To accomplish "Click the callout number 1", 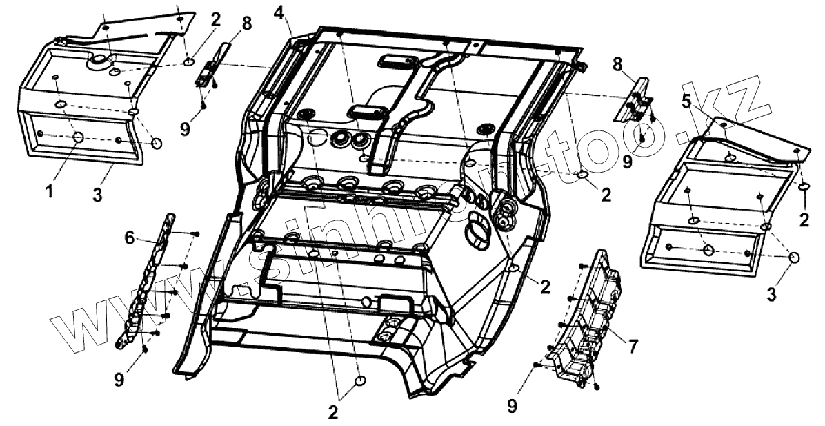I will [x=49, y=191].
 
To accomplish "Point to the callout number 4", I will [x=278, y=12].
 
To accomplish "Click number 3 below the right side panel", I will [x=772, y=294].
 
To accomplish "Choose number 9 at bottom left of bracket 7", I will [x=511, y=407].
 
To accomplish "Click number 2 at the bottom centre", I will [x=333, y=412].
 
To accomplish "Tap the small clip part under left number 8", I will [x=206, y=72].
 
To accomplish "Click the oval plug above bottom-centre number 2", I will [x=359, y=382].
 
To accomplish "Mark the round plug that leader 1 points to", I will [x=79, y=137].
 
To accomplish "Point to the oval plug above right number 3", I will [x=793, y=258].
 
